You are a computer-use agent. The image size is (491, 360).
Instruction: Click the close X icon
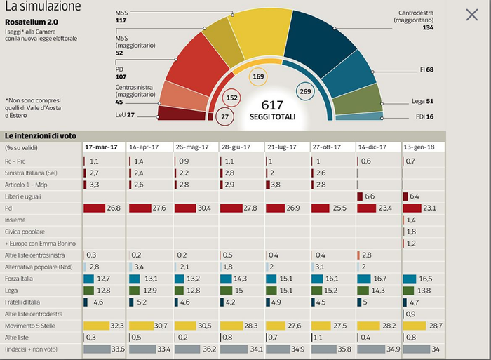pos(473,14)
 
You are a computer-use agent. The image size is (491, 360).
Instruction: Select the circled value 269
pos(305,91)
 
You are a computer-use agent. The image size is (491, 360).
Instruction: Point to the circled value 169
pos(258,76)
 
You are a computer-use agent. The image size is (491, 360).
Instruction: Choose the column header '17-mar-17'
pos(101,147)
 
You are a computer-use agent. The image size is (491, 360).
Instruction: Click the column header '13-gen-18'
pos(419,147)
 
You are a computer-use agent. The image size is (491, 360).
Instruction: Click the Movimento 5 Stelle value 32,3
pos(116,326)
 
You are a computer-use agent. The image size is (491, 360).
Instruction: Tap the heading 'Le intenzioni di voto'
pos(41,135)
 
